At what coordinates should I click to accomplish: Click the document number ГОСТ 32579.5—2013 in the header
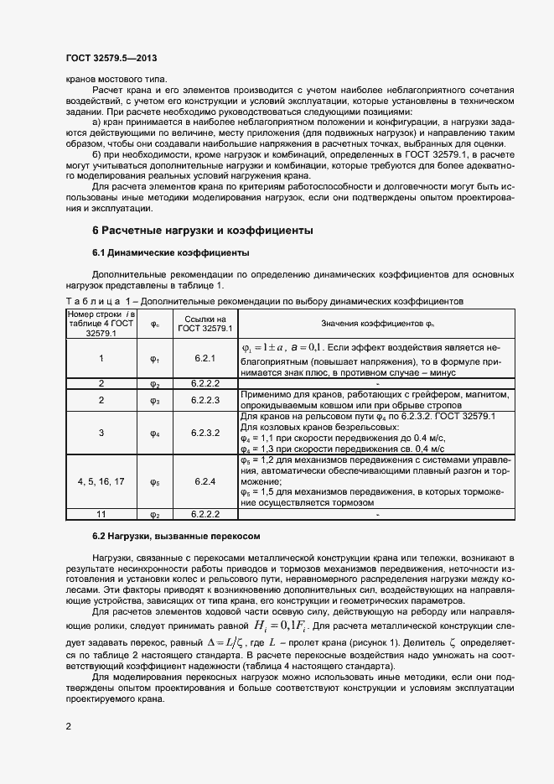111,59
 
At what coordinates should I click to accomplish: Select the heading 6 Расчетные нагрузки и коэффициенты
202,230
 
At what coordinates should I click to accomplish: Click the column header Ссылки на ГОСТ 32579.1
205,324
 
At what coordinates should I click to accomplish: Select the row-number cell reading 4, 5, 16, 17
101,482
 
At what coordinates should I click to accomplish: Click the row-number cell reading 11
101,514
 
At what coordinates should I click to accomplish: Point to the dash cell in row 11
378,514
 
